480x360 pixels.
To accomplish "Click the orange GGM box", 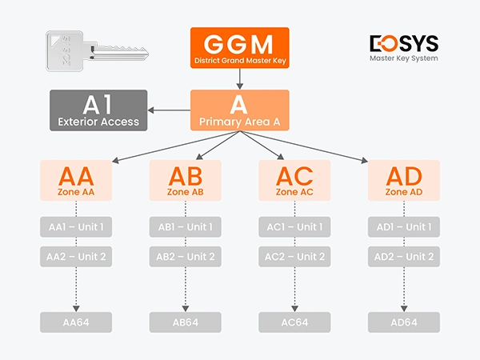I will tap(239, 47).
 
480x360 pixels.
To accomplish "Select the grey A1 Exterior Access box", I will tap(98, 110).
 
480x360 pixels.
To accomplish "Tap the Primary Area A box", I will tap(239, 110).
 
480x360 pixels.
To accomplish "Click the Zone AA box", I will tap(76, 180).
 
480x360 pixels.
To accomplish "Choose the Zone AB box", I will tap(185, 180).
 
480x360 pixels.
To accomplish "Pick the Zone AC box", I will tap(294, 180).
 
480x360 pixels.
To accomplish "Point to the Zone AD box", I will tap(403, 180).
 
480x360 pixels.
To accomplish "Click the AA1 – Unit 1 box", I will tap(76, 227).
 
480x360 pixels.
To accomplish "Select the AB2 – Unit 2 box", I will tap(185, 257).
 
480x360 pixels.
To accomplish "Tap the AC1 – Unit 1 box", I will tap(294, 227).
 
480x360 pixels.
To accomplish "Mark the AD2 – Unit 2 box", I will tap(403, 257).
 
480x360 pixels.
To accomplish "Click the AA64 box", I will tap(76, 322).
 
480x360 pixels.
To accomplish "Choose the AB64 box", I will tap(185, 322).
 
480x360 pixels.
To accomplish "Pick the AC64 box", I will tap(294, 322).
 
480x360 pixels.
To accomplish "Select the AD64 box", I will tap(403, 322).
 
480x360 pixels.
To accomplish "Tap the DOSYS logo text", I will tap(403, 42).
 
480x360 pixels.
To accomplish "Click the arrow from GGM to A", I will tap(239, 78).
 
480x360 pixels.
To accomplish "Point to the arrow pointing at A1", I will tap(169, 110).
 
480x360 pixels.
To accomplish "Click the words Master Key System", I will tap(403, 58).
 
